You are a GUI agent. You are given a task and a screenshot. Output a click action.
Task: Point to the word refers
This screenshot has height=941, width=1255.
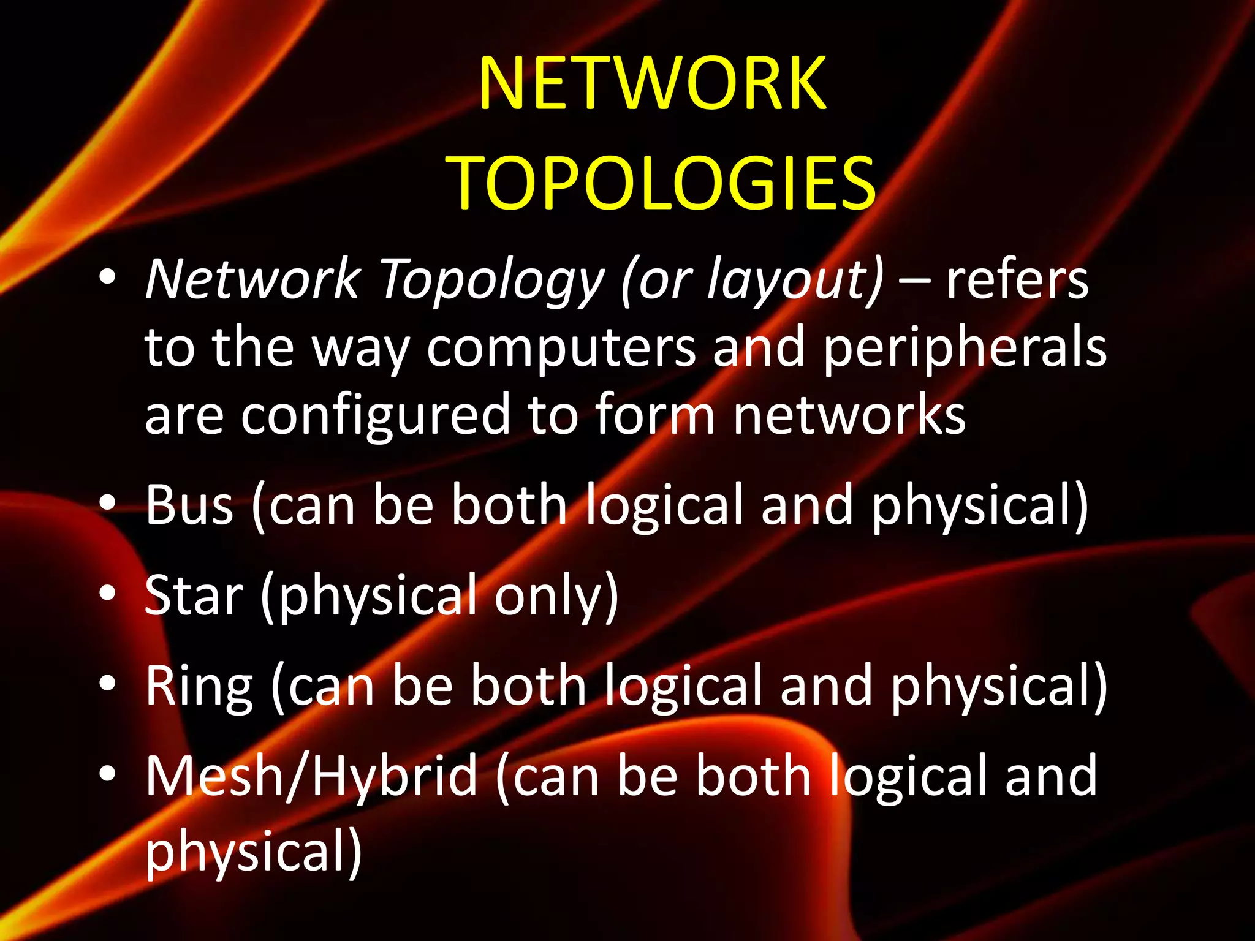pyautogui.click(x=1017, y=281)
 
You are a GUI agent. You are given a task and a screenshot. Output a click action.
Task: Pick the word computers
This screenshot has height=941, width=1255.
pyautogui.click(x=561, y=348)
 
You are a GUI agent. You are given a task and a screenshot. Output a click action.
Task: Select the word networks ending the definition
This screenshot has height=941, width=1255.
pyautogui.click(x=849, y=415)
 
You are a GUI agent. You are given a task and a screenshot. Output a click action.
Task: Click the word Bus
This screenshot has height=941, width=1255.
pyautogui.click(x=189, y=505)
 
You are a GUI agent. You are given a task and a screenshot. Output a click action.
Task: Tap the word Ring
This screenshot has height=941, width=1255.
pyautogui.click(x=199, y=687)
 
